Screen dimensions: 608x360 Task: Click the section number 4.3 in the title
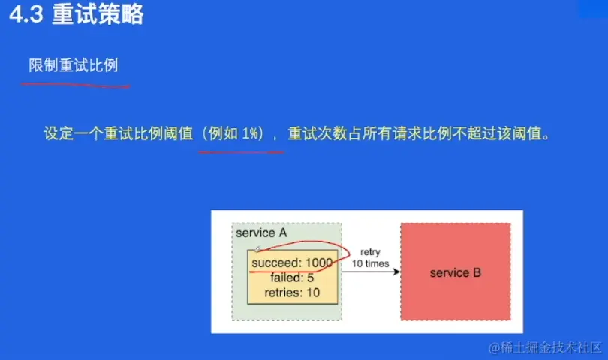tap(26, 15)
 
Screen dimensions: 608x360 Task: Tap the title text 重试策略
tap(98, 14)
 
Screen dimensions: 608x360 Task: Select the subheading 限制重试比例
tap(74, 65)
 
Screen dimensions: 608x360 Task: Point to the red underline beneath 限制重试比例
tap(76, 85)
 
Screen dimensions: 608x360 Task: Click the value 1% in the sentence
tap(250, 133)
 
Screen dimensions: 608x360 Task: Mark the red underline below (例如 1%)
tap(241, 152)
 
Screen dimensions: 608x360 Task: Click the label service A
tap(261, 233)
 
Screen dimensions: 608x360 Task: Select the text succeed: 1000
tap(292, 262)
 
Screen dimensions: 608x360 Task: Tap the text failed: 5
tap(292, 277)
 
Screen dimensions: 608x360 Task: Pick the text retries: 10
tap(292, 292)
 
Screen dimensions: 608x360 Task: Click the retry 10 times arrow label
tap(370, 258)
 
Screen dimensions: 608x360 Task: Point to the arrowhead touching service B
tap(396, 271)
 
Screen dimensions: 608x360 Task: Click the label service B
tap(455, 272)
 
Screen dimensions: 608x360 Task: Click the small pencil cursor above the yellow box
tap(257, 248)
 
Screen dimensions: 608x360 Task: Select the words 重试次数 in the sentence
tap(318, 133)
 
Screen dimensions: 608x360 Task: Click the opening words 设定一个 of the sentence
tap(74, 133)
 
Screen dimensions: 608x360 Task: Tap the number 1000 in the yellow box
tap(319, 262)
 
